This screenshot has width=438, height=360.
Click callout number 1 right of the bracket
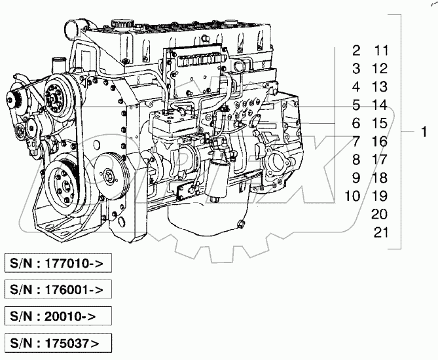coord(424,132)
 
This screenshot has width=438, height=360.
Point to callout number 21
coord(380,231)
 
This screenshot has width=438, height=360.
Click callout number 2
coord(356,50)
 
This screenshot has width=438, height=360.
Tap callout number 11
coord(380,50)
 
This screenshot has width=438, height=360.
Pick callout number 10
coord(352,195)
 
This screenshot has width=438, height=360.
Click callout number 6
coord(356,122)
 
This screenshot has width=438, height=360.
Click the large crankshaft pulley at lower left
coord(63,181)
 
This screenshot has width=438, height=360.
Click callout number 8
coord(356,158)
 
